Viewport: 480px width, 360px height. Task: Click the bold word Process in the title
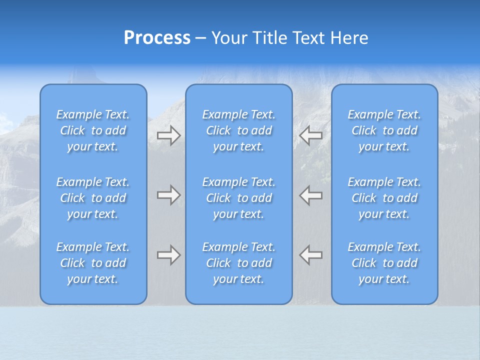(x=157, y=38)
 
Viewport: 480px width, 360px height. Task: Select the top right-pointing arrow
(x=168, y=135)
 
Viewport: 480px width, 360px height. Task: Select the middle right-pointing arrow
(x=168, y=195)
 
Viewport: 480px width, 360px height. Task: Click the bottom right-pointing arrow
(x=168, y=255)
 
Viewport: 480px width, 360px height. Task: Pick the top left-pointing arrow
(x=311, y=135)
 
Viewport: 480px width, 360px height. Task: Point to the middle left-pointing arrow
(x=311, y=195)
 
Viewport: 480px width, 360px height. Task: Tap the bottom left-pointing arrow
(x=311, y=255)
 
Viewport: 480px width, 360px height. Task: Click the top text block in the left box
(x=93, y=130)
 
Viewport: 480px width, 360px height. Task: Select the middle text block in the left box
(x=93, y=198)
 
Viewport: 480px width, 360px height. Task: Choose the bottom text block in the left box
(x=93, y=263)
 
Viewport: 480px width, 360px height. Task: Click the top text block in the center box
(x=239, y=130)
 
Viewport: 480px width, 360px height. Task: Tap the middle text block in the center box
(x=239, y=198)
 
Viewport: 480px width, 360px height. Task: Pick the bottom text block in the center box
(x=239, y=263)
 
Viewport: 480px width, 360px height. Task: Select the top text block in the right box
(x=384, y=130)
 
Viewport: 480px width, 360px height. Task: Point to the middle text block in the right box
(x=384, y=198)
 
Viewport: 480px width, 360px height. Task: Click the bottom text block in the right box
(x=384, y=263)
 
